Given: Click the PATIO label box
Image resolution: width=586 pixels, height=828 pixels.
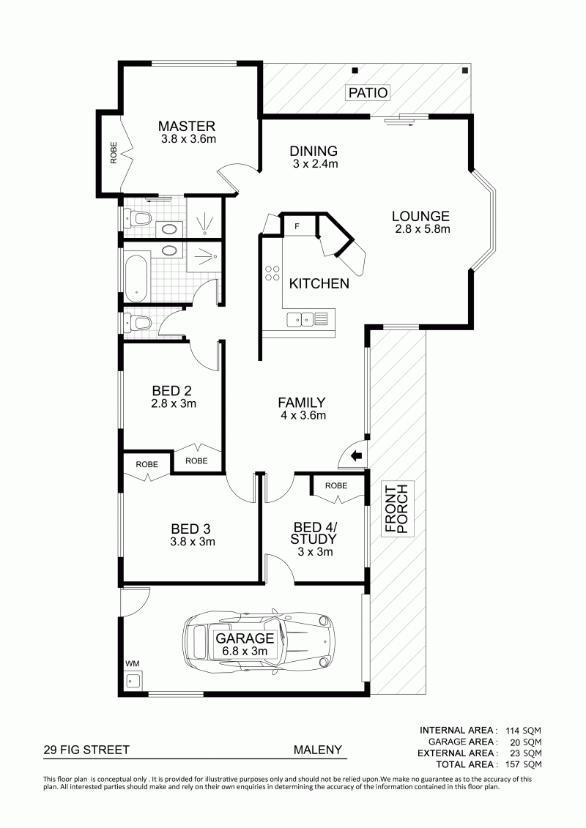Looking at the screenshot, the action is [x=368, y=92].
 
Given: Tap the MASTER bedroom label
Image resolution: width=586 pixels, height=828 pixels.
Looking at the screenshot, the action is [x=187, y=126].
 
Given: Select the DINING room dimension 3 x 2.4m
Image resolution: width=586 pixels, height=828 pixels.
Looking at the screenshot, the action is [x=316, y=164].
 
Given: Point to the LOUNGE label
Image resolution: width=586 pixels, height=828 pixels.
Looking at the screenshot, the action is [x=420, y=216].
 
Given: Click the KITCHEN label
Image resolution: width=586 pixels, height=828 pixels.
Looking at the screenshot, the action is [x=319, y=283].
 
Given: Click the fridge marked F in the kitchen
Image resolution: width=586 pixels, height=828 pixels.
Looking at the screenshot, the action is [x=297, y=225].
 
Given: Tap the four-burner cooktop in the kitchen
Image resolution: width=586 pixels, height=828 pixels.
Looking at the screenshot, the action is [x=272, y=272].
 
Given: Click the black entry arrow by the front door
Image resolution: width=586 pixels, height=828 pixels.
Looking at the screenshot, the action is [x=357, y=455].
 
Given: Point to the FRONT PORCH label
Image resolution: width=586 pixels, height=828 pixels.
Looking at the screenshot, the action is [x=397, y=509].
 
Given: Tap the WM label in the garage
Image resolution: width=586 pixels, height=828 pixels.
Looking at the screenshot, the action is [x=132, y=663].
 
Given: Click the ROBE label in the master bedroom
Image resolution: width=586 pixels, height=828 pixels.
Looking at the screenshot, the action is [x=114, y=153].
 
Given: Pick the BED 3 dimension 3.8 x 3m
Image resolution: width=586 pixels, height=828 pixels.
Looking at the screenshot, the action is [x=193, y=542].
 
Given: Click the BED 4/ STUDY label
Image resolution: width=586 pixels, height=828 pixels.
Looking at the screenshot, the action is [x=314, y=534].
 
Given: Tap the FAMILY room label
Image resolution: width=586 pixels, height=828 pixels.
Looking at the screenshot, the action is [x=302, y=403].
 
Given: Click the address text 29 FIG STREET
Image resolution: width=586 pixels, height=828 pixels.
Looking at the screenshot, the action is [x=86, y=750].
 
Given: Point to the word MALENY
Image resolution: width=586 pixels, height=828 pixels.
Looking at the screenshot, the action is [x=318, y=750].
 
